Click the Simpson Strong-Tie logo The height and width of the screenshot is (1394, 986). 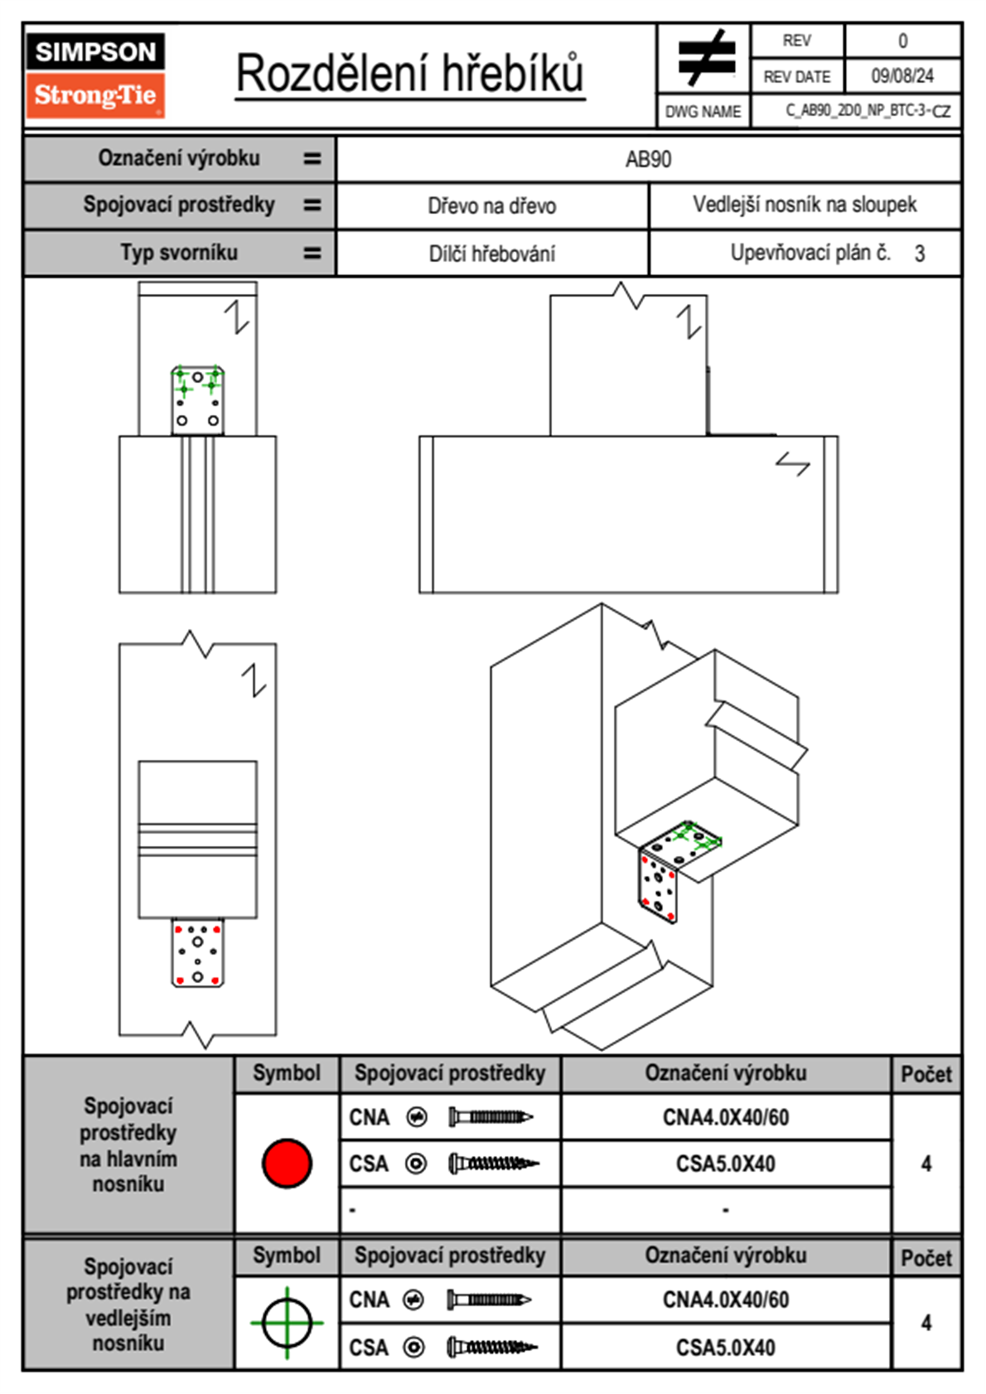95,75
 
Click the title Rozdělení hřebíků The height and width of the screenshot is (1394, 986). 410,74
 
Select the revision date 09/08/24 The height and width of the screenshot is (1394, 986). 901,76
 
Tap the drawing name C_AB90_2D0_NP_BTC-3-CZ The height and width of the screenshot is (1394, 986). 867,111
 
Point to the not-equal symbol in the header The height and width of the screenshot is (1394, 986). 705,58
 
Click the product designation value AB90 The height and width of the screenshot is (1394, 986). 648,159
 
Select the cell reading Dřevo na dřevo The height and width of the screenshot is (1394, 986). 491,206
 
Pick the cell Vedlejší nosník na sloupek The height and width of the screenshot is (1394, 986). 805,205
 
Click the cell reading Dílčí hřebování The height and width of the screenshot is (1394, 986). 491,254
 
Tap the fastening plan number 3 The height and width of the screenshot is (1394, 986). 920,254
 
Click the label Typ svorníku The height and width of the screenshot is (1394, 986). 179,253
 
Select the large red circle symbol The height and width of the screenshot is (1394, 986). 287,1163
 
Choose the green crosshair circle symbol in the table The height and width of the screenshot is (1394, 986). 287,1322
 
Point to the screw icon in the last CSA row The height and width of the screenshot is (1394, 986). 492,1348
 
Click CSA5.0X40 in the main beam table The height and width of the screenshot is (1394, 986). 726,1164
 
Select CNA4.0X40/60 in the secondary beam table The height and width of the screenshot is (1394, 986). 726,1300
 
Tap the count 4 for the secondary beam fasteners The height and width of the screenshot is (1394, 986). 926,1323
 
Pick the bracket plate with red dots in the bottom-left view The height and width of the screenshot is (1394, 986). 197,952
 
